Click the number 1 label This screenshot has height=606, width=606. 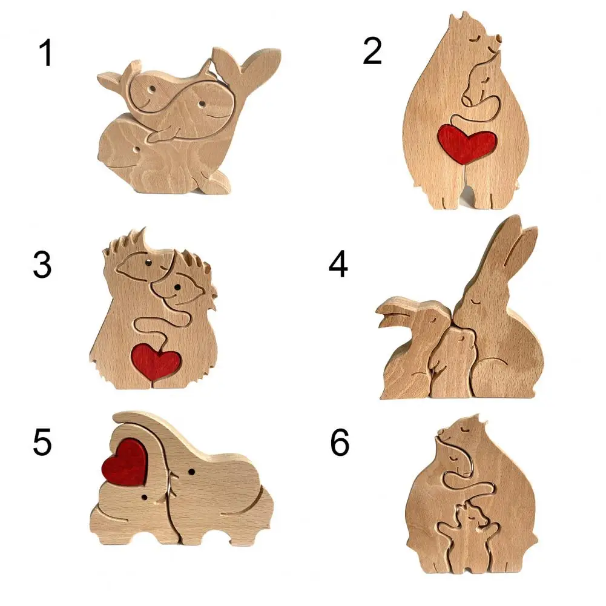pos(45,54)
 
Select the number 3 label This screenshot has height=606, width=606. pos(42,266)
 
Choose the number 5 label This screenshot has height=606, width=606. pos(42,443)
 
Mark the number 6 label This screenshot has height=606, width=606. pos(340,444)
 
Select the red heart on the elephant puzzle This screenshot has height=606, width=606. pos(126,461)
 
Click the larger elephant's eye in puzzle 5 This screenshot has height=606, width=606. pos(192,471)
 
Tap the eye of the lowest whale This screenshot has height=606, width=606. pos(140,147)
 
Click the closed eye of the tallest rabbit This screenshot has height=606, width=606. pos(478,298)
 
